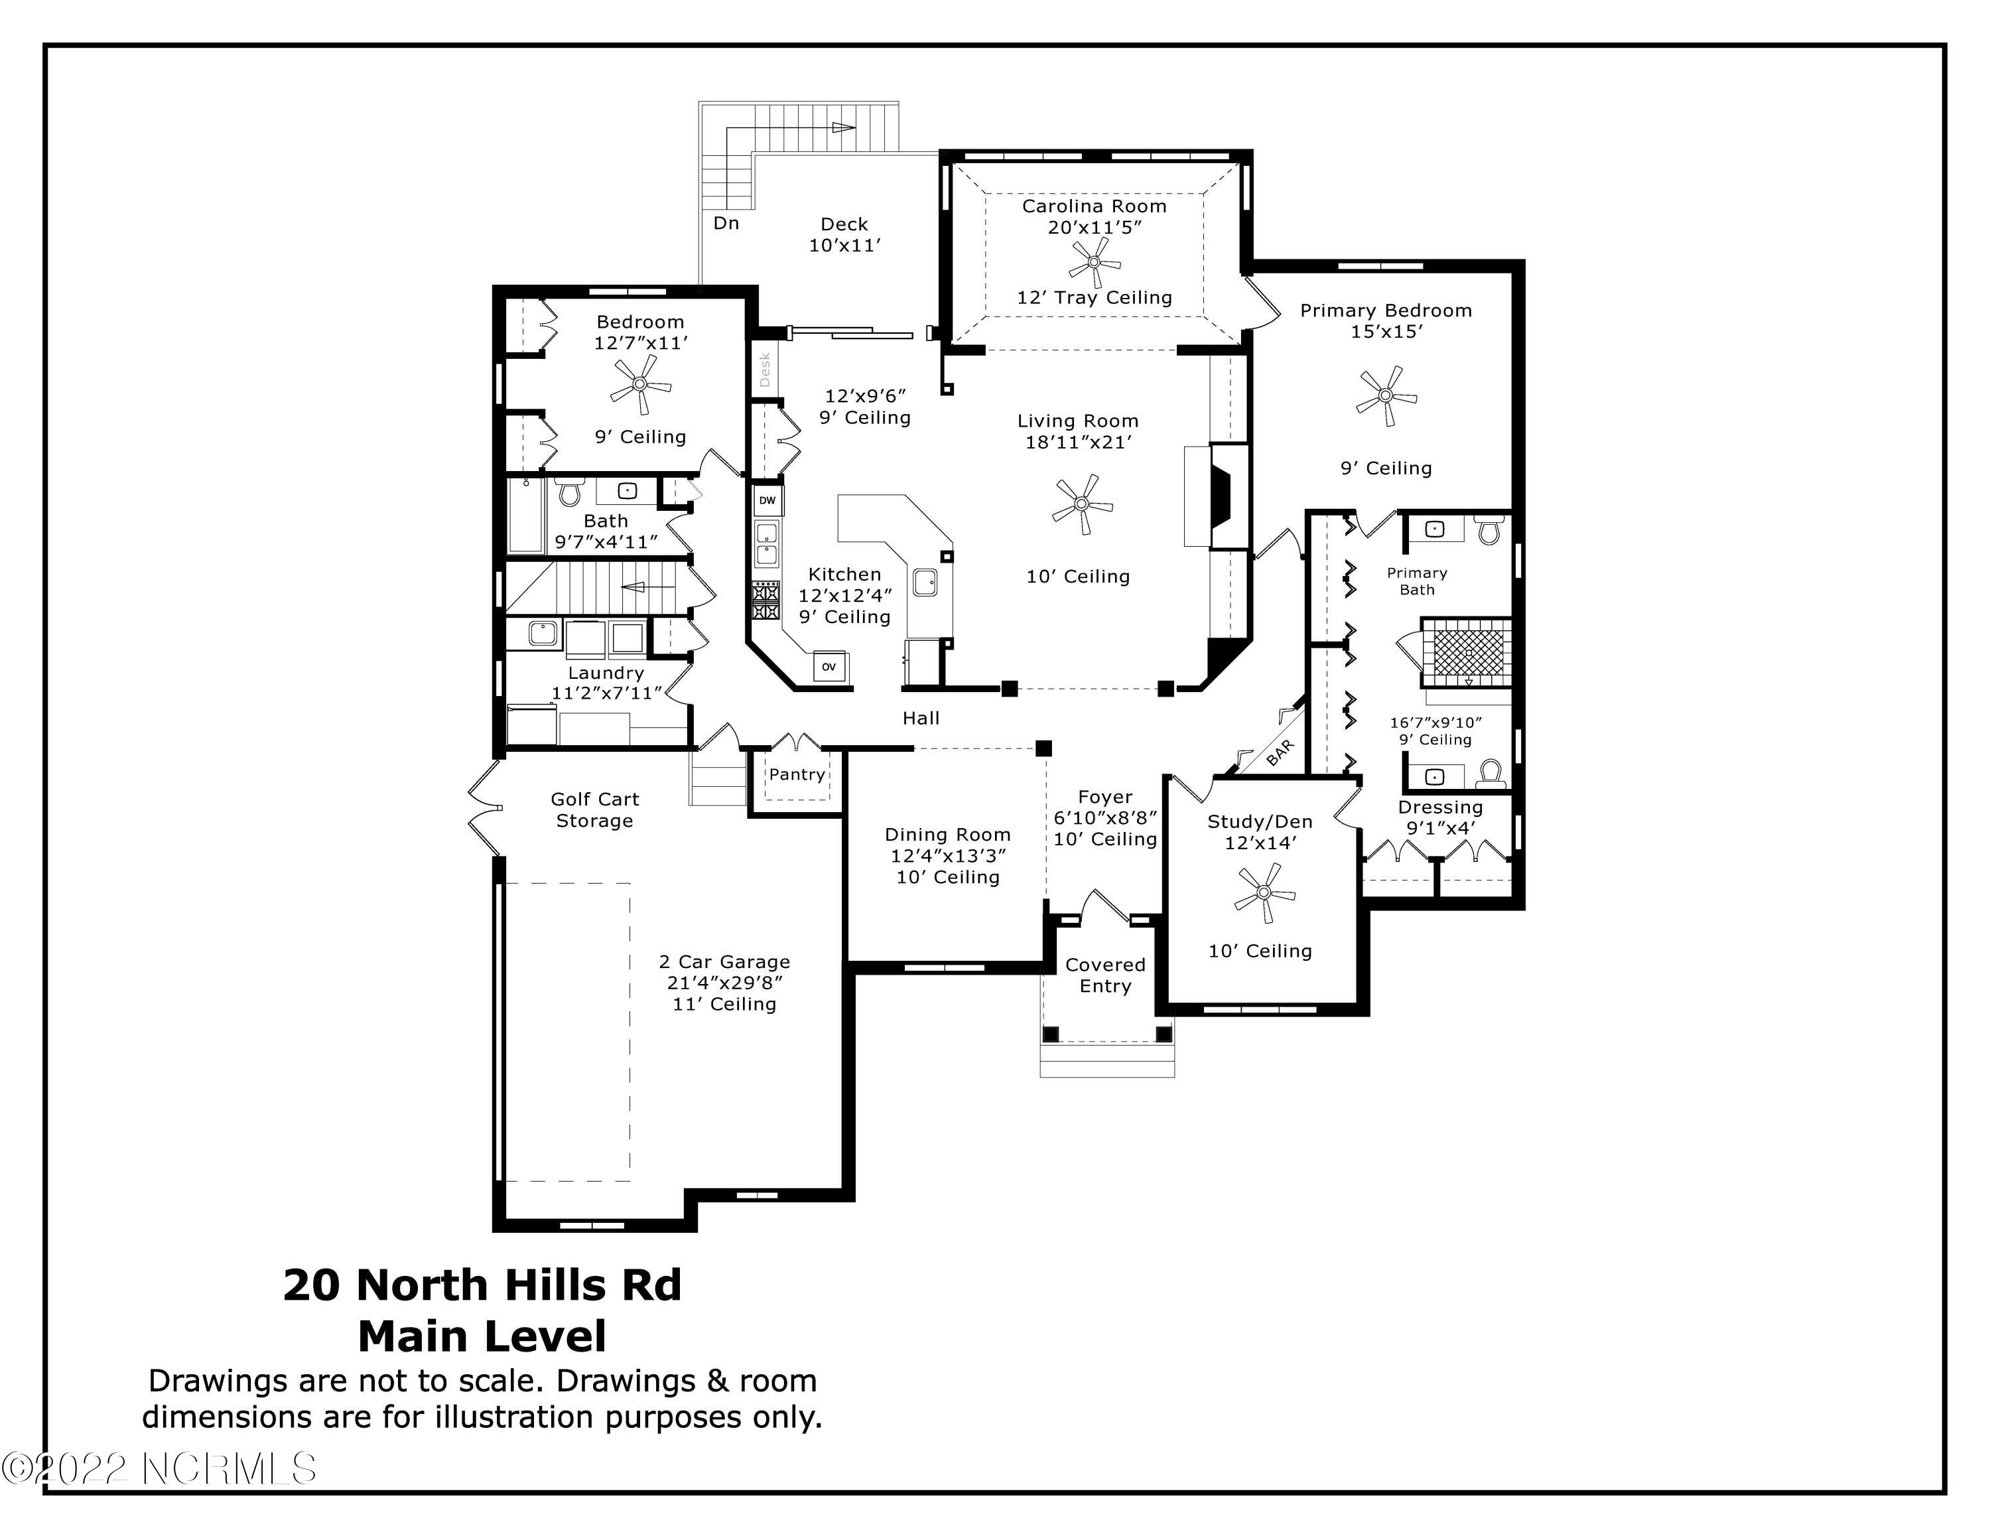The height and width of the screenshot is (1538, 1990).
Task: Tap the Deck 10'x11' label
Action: (x=844, y=234)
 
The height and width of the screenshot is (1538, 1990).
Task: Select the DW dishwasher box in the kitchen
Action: (x=767, y=500)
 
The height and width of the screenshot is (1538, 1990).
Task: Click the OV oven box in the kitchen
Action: (x=829, y=667)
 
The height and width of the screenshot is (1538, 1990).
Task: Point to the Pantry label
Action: (x=797, y=774)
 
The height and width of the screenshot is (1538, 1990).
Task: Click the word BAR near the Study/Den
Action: (x=1280, y=752)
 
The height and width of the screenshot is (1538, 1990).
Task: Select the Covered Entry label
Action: (x=1105, y=975)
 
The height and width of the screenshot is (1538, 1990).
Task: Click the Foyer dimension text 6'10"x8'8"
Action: (x=1105, y=818)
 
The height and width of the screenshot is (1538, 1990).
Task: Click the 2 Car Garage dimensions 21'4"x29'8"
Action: (x=724, y=983)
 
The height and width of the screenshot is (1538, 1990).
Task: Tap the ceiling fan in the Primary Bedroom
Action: (x=1386, y=395)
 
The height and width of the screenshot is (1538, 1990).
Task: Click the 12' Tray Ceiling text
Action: (x=1094, y=298)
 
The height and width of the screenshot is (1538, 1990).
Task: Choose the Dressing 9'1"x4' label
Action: (x=1441, y=817)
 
